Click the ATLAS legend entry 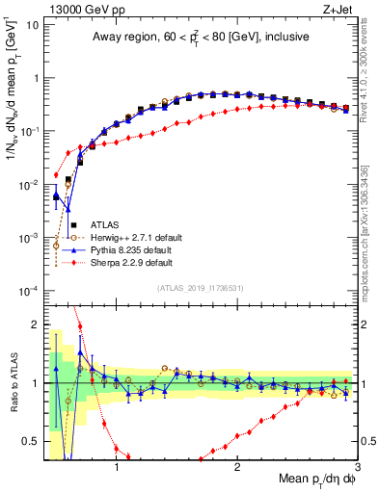(x=108, y=224)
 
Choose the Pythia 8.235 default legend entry (x=136, y=249)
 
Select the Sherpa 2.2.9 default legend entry (x=136, y=262)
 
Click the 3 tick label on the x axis (x=357, y=465)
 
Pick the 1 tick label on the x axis (x=117, y=465)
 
